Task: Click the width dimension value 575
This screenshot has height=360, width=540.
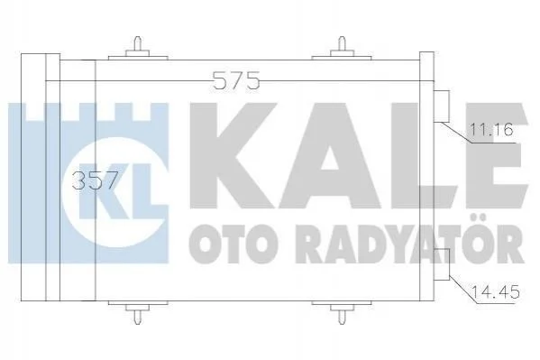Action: pyautogui.click(x=236, y=80)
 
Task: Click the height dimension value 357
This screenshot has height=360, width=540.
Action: pyautogui.click(x=95, y=180)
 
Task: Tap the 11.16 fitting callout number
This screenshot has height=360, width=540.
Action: pyautogui.click(x=491, y=130)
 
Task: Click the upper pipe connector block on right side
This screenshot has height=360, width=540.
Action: pyautogui.click(x=442, y=106)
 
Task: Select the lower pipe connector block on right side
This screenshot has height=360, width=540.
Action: pyautogui.click(x=442, y=264)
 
